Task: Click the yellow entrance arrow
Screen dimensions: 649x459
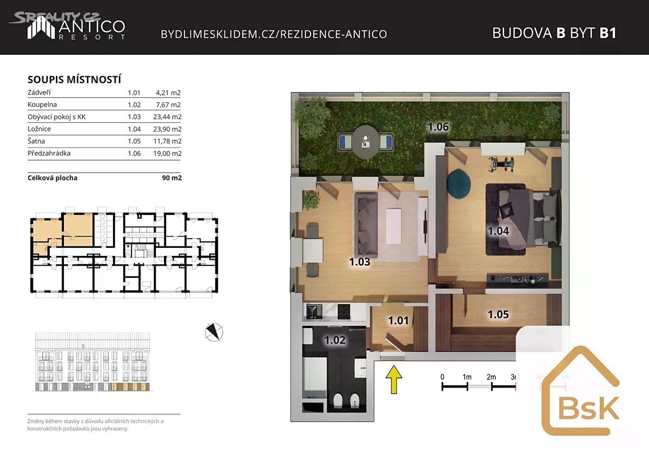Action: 394,379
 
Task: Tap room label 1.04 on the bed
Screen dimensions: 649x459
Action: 498,231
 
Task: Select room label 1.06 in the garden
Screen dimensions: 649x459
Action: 438,127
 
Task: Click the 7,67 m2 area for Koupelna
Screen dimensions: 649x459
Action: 168,104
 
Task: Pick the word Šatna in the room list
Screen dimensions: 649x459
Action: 36,141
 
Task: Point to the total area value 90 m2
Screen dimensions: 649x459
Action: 172,178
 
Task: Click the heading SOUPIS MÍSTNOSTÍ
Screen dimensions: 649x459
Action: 74,80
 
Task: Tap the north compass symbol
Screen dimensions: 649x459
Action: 214,332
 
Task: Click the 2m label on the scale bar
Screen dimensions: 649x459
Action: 491,377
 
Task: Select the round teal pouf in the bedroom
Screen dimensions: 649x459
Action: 459,184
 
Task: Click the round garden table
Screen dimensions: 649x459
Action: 366,142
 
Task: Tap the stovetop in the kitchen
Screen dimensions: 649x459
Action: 344,312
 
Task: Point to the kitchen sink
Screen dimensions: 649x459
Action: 314,312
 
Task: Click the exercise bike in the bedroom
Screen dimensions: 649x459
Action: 501,165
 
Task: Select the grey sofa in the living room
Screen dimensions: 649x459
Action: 366,225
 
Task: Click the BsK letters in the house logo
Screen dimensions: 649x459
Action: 589,408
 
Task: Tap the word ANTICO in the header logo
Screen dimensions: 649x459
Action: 92,27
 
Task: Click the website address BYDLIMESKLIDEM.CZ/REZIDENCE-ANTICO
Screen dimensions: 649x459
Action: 274,34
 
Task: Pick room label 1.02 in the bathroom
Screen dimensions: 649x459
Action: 335,340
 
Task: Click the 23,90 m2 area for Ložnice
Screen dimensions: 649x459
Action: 168,129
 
